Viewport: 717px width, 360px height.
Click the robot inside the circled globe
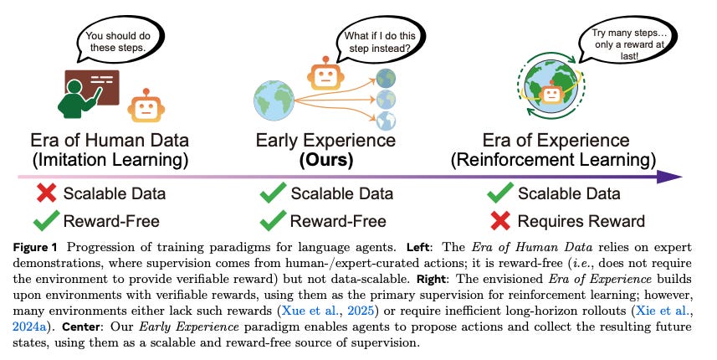552,94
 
